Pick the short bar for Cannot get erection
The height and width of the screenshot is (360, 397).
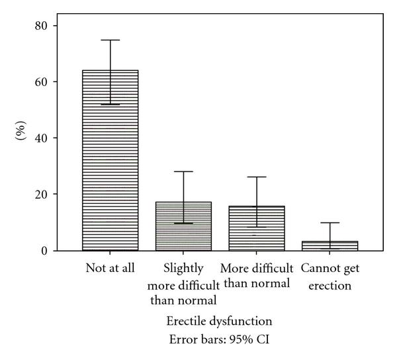[330, 246]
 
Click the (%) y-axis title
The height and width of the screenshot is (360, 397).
[20, 138]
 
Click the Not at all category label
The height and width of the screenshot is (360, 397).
[110, 268]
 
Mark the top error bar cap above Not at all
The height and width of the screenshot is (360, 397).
[110, 40]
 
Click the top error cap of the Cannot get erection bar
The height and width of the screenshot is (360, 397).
[330, 223]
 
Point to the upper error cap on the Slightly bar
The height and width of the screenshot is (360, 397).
[183, 172]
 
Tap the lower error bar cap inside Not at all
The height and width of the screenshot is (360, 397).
[110, 105]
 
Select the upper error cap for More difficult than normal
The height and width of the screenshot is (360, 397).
[257, 177]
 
